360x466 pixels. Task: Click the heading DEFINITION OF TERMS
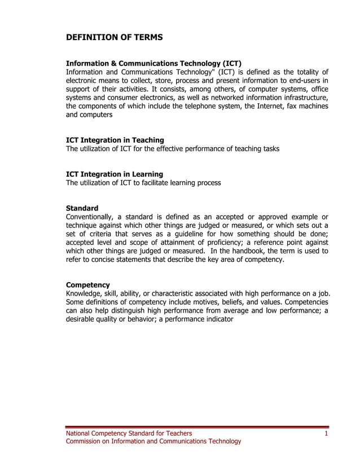click(x=115, y=37)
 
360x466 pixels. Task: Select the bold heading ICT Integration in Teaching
click(x=115, y=140)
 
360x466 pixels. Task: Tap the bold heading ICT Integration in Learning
click(x=115, y=174)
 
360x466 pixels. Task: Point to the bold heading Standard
click(x=82, y=208)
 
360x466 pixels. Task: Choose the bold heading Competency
click(x=88, y=285)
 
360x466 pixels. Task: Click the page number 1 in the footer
click(x=326, y=433)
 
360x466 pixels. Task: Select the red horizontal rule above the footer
click(x=197, y=427)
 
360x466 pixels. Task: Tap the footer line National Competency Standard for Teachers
click(x=129, y=433)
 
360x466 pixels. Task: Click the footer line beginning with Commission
click(x=153, y=441)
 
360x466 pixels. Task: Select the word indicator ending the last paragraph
click(x=217, y=319)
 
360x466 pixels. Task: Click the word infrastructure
click(x=303, y=98)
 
